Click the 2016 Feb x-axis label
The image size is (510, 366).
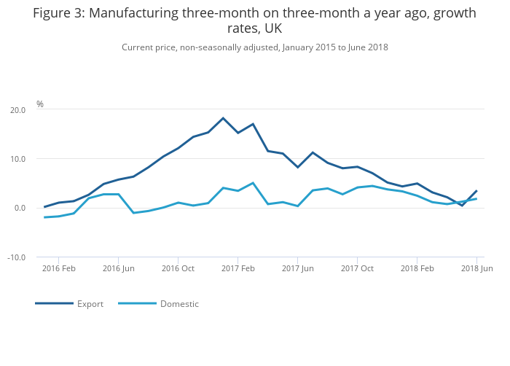click(x=59, y=269)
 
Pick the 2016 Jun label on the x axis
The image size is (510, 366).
click(x=119, y=269)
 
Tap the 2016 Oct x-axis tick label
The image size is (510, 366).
click(x=178, y=269)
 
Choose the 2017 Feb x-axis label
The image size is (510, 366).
click(x=238, y=269)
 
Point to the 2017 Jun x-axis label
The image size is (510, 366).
click(x=298, y=269)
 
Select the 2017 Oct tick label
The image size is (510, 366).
click(x=358, y=269)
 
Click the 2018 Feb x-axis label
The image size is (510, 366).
click(x=417, y=269)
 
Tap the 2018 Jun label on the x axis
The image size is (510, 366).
click(x=477, y=269)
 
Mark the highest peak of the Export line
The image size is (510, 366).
click(x=223, y=118)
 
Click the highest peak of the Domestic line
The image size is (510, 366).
click(x=253, y=183)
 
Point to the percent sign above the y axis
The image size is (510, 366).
click(x=40, y=104)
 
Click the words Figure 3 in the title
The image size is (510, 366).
click(x=58, y=13)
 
